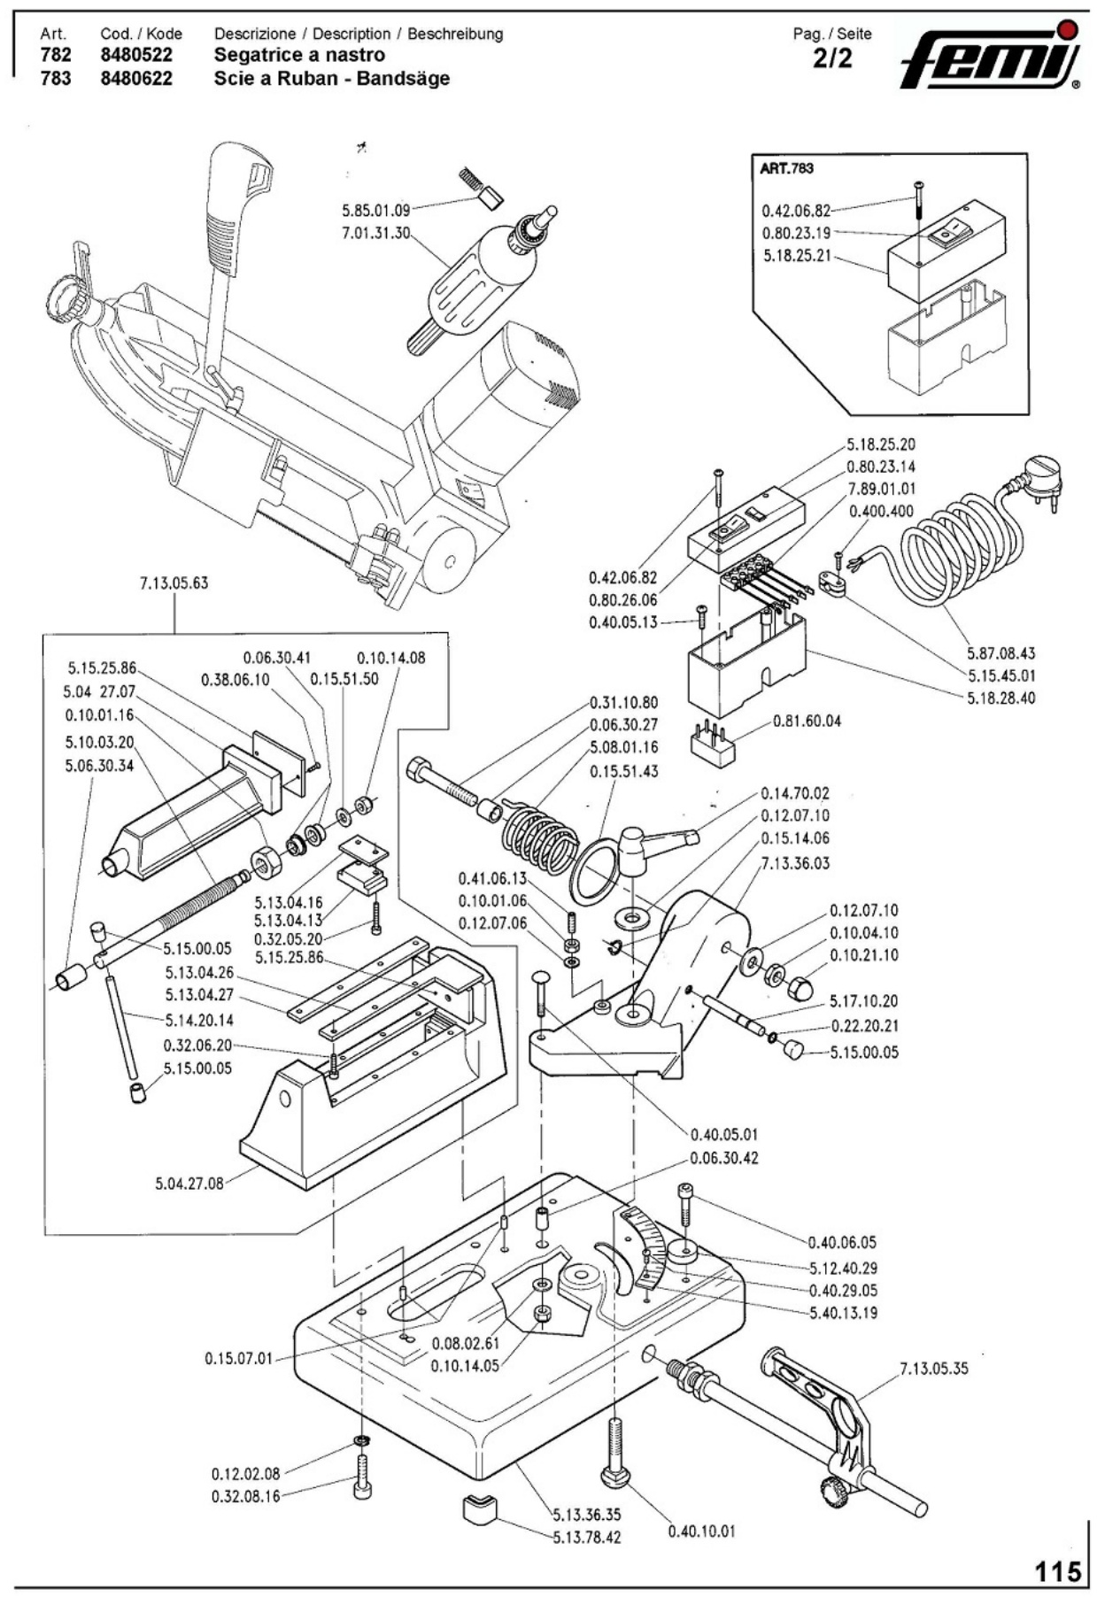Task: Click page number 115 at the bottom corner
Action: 1059,1571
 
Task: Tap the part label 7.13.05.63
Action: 174,583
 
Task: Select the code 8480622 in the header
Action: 136,78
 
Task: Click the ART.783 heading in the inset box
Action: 786,168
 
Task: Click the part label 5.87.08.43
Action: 1000,653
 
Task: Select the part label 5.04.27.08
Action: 189,1183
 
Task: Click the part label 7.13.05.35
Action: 934,1368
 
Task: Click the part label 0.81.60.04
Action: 807,721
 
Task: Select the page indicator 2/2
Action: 831,58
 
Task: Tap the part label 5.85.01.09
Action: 375,211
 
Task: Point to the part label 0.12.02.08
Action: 245,1474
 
